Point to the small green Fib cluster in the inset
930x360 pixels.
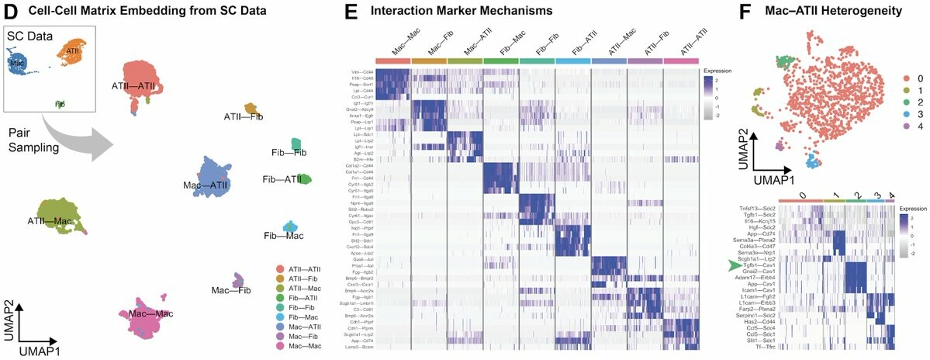point(61,102)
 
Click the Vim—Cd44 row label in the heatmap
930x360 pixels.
point(361,72)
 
